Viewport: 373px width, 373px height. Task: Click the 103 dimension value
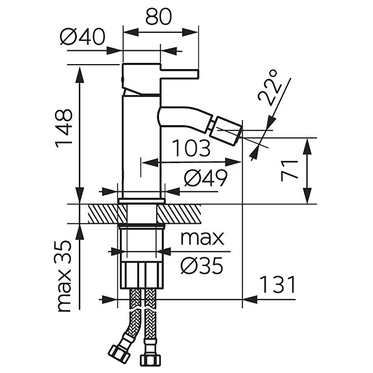(191, 149)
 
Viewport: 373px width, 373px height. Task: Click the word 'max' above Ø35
(201, 238)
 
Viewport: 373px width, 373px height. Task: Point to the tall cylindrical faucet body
(142, 143)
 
